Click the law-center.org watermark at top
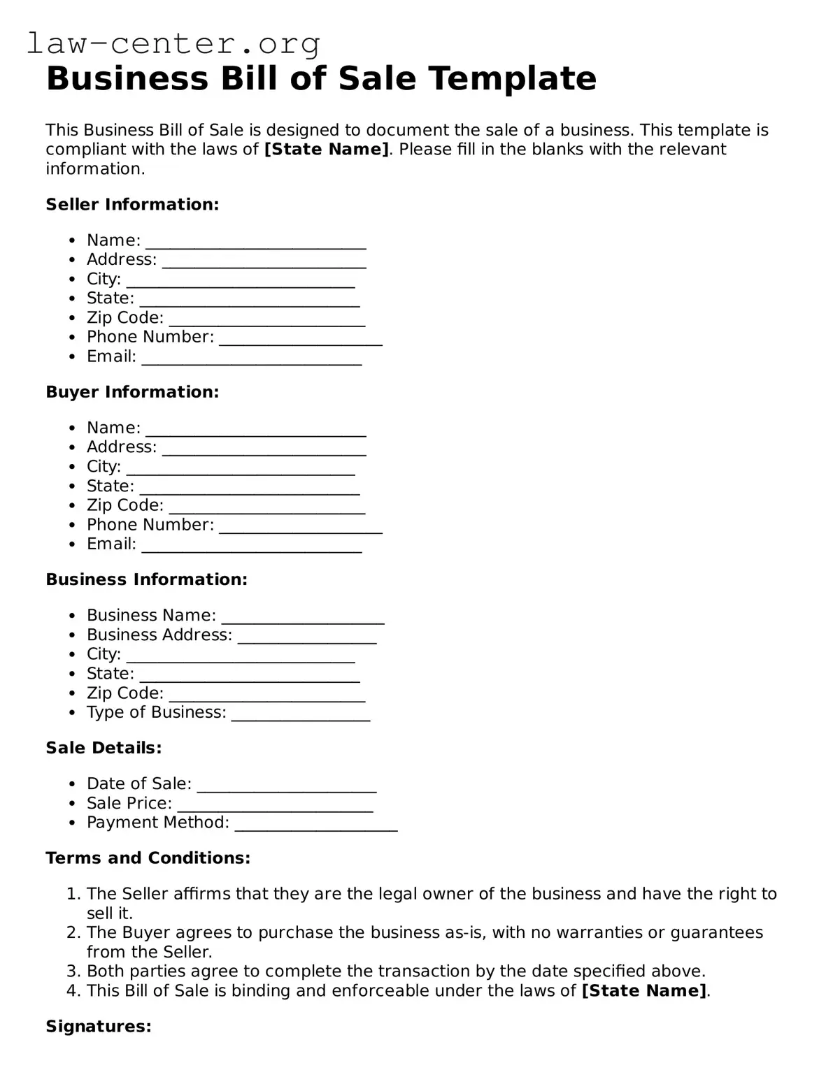point(173,43)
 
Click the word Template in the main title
point(513,78)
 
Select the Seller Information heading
point(132,205)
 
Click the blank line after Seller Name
point(255,242)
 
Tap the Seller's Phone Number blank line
point(301,338)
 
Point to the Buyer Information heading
point(132,392)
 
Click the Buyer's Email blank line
point(252,546)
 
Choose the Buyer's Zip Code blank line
point(267,507)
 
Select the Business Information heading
point(146,579)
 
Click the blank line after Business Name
point(302,617)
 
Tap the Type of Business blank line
point(300,714)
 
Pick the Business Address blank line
point(307,637)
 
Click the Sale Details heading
point(104,748)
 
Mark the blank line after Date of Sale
point(287,786)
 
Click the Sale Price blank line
point(275,805)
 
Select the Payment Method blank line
point(316,824)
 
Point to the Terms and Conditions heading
point(148,858)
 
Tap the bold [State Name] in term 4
point(644,990)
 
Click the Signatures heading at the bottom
point(99,1026)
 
